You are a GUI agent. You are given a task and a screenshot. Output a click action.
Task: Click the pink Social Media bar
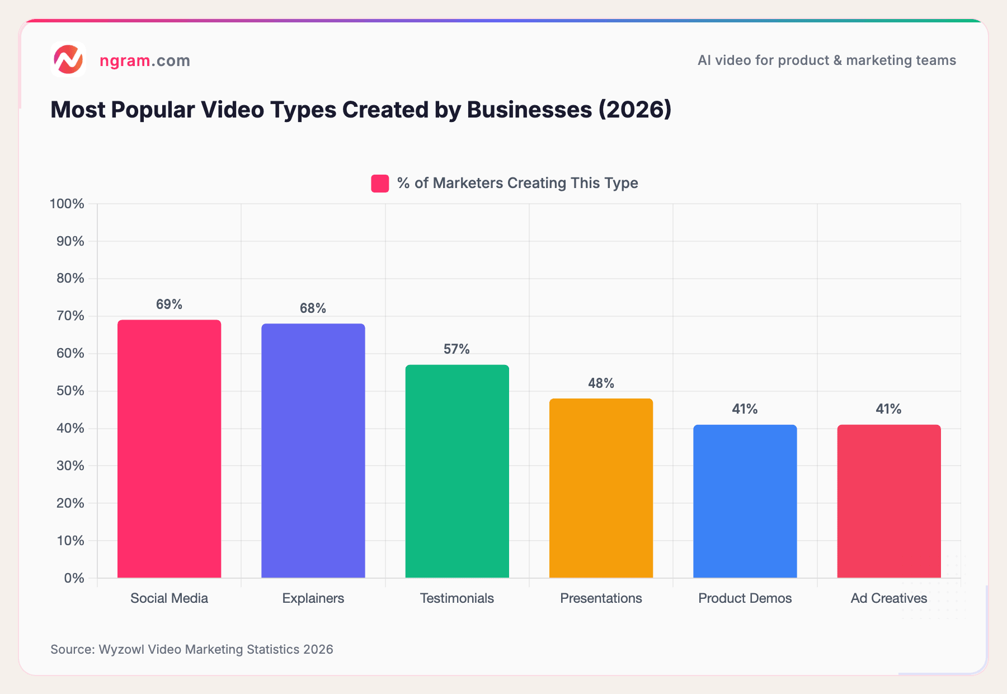pos(169,448)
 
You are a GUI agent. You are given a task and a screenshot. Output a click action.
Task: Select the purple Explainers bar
pos(313,451)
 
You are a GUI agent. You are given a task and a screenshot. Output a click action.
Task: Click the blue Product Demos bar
pos(745,501)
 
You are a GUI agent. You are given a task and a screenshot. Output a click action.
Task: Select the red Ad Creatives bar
pos(888,501)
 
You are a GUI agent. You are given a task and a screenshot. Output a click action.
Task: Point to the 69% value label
pos(169,304)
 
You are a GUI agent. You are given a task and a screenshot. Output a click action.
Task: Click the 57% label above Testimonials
pos(457,349)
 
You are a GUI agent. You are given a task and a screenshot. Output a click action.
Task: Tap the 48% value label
pos(601,383)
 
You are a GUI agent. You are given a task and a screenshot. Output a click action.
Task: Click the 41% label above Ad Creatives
pos(888,409)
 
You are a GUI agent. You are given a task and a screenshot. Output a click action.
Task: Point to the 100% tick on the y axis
pos(67,204)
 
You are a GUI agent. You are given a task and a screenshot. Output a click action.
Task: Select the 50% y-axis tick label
pos(70,391)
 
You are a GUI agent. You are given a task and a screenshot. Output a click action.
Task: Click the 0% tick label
pos(73,578)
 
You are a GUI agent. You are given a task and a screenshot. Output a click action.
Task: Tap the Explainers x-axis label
pos(313,598)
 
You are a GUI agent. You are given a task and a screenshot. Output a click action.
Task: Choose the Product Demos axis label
pos(745,598)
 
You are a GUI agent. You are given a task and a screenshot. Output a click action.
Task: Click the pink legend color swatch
pos(380,184)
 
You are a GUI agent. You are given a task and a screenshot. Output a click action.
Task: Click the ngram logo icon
pos(68,59)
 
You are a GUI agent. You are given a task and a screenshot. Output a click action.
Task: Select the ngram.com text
pos(144,60)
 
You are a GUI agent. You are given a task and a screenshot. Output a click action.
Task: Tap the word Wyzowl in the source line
pos(121,649)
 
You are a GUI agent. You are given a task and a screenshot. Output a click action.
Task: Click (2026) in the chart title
pos(634,110)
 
